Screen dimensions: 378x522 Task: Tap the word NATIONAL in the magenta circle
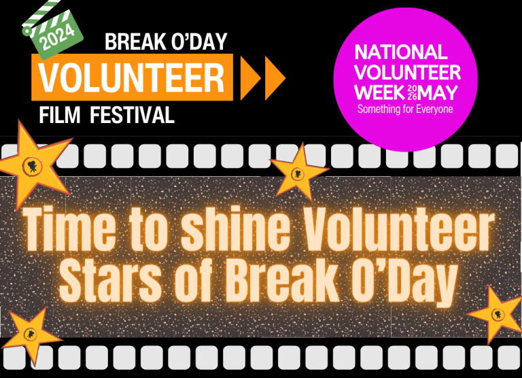[x=402, y=52]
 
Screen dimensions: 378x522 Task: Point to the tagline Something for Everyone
[x=405, y=109]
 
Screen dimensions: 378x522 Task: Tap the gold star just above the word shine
[x=298, y=173]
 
